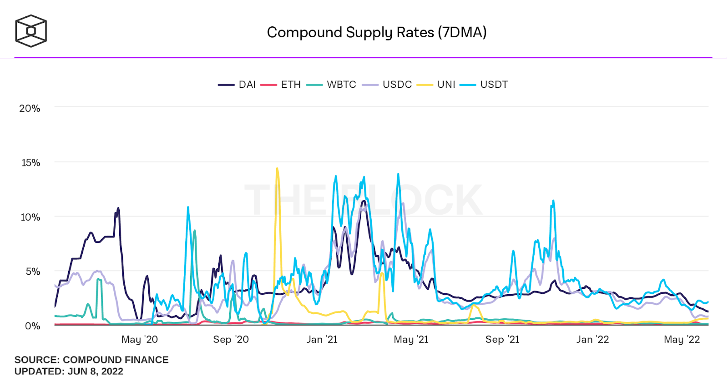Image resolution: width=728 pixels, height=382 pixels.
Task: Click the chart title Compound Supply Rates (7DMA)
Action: point(376,32)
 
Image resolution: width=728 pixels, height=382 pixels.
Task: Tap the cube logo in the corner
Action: point(31,31)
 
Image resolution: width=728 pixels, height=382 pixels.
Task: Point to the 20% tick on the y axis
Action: point(30,108)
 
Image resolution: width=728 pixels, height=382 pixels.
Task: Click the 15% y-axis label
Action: point(31,163)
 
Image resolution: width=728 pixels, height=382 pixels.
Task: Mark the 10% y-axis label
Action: point(30,217)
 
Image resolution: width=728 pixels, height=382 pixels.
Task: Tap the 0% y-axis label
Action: point(32,326)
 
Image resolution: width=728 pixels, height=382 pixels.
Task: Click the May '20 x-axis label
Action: point(139,339)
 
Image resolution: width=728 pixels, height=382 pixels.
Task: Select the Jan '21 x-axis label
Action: point(322,339)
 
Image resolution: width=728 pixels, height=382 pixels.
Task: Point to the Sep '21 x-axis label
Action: point(502,339)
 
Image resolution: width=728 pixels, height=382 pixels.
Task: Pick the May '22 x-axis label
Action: point(682,339)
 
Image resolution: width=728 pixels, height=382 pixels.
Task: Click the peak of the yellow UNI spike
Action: point(277,169)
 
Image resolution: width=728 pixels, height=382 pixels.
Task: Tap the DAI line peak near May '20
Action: point(118,208)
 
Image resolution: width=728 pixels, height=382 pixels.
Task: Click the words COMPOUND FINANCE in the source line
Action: point(116,360)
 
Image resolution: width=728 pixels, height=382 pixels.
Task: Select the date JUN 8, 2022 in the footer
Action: point(96,371)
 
